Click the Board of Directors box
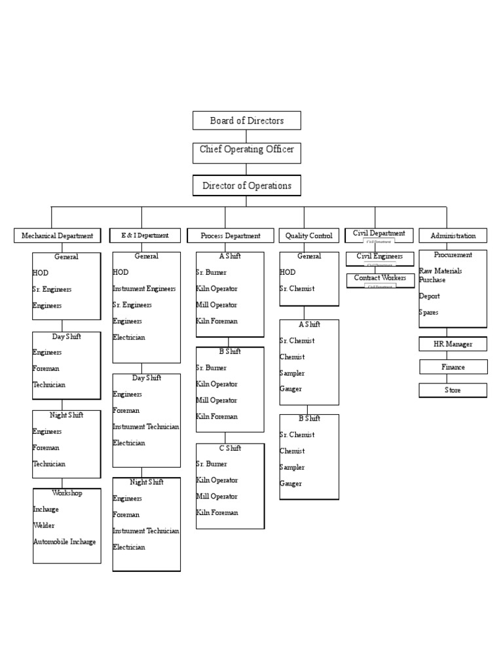click(247, 120)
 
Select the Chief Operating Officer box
click(247, 150)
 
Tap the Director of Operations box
click(247, 186)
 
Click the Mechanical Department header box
click(58, 236)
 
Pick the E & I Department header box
click(145, 235)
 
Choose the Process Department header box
click(230, 236)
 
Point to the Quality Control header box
click(309, 236)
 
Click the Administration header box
click(453, 236)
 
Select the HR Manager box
click(453, 344)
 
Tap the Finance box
click(453, 367)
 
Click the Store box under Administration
click(453, 390)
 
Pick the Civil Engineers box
click(380, 256)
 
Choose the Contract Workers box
click(380, 278)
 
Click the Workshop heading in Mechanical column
click(67, 493)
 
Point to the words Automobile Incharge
click(64, 542)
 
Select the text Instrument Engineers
click(144, 289)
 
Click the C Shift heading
click(230, 448)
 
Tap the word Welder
click(44, 525)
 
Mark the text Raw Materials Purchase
click(440, 275)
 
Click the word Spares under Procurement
click(429, 313)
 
